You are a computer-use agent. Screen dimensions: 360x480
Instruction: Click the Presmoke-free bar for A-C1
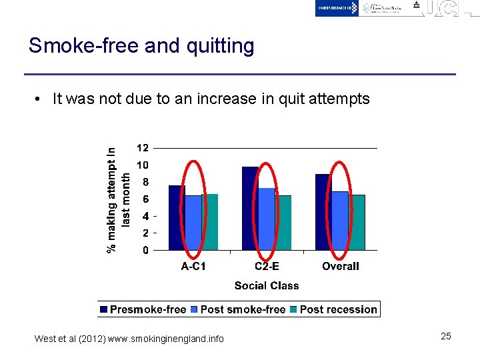click(176, 218)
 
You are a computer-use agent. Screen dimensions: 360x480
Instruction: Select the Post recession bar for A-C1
click(210, 222)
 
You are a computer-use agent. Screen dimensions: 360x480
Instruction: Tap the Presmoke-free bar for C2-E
click(250, 209)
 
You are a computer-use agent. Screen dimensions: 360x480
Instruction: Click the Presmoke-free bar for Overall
click(323, 212)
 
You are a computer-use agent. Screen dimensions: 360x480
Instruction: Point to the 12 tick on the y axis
click(143, 147)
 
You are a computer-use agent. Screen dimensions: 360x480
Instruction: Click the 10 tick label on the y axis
click(143, 165)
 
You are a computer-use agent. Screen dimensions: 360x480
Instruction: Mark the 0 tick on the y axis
click(145, 251)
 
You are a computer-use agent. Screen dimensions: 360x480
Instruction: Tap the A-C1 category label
click(193, 266)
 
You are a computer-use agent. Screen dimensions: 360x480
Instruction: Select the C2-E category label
click(267, 266)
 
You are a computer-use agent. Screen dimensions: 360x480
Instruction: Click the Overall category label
click(340, 266)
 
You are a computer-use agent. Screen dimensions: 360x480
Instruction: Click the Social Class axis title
click(267, 286)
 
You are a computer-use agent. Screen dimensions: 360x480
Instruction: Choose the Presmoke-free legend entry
click(143, 309)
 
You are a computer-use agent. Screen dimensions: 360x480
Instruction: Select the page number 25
click(446, 336)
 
